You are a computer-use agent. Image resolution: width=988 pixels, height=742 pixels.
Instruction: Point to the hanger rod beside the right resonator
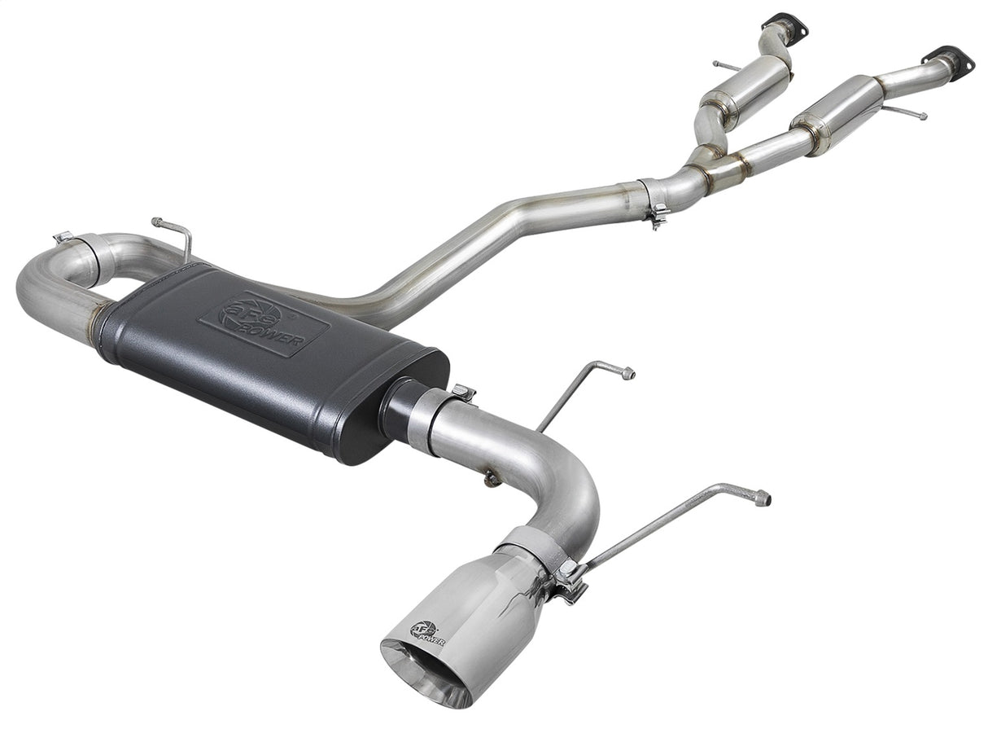[x=905, y=112]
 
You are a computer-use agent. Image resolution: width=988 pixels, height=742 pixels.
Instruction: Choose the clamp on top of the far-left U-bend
[x=65, y=238]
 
